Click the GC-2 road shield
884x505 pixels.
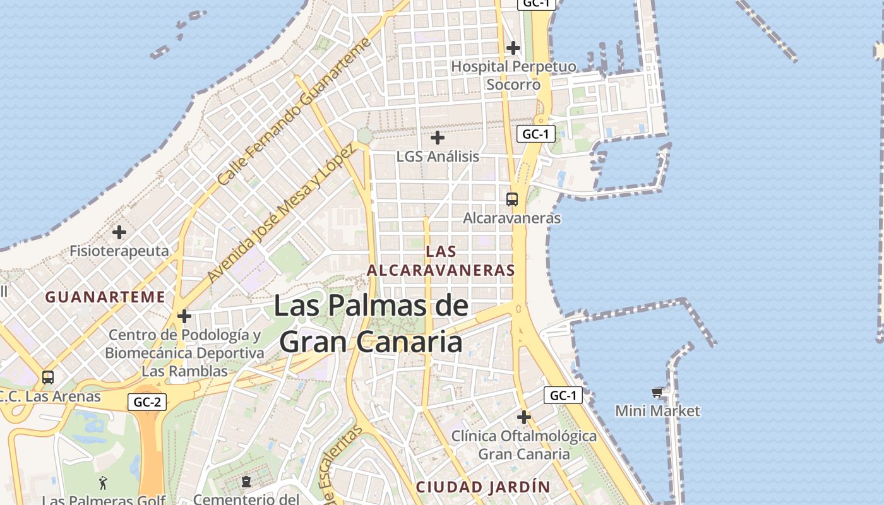point(147,401)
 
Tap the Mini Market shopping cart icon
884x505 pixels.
point(657,393)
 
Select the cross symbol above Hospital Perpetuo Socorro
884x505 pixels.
point(513,47)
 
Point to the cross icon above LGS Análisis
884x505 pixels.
point(437,137)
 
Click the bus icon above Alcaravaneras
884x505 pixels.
point(512,199)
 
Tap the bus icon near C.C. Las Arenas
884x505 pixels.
point(48,377)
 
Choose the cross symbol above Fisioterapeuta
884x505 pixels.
point(119,232)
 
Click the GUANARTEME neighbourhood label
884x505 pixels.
point(105,297)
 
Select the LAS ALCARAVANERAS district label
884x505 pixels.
point(441,261)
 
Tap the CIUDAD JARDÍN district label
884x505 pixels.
point(483,487)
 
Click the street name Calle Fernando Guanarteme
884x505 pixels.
point(294,112)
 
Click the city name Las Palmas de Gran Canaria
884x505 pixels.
point(371,324)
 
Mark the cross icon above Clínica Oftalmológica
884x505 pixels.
point(523,417)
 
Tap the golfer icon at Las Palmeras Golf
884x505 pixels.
point(103,483)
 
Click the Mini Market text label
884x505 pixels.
point(657,411)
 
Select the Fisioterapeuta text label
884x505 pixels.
point(119,251)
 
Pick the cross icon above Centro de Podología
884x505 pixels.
point(184,316)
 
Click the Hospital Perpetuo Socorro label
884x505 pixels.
point(513,75)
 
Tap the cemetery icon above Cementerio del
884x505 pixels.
point(246,482)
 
